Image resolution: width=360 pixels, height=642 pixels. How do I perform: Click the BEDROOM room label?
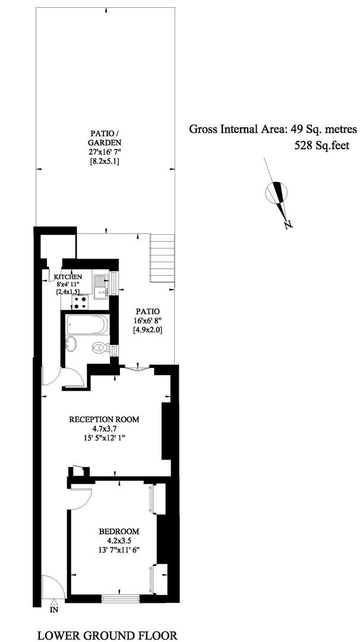(x=119, y=531)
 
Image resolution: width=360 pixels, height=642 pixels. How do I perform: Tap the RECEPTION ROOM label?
(x=105, y=419)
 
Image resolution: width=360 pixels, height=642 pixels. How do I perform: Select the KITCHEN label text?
(x=69, y=277)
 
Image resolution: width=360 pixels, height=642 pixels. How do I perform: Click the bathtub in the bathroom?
(x=86, y=325)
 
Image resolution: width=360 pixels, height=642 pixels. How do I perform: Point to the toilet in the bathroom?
(x=100, y=348)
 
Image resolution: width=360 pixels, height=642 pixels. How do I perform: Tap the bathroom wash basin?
(x=72, y=343)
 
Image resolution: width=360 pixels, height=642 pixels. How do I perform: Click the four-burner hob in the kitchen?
(x=80, y=302)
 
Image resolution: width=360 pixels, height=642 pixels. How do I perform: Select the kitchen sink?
(x=100, y=287)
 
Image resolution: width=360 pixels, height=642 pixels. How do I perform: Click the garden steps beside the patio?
(x=162, y=259)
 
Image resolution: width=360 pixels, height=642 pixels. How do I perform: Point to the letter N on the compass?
(x=289, y=224)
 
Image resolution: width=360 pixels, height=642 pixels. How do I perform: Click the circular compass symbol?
(x=276, y=192)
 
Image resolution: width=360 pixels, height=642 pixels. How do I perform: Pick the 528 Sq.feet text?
(x=322, y=146)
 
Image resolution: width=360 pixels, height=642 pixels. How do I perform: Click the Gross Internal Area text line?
(x=273, y=130)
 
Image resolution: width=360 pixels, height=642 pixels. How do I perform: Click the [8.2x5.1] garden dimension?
(x=106, y=161)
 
